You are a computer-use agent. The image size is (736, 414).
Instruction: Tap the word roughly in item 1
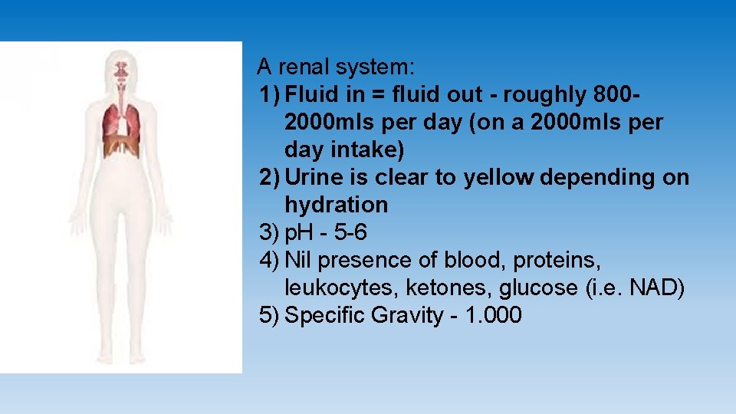pos(540,94)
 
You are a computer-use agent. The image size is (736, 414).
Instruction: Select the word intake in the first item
pos(367,149)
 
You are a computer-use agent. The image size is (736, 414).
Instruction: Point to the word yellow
pos(498,177)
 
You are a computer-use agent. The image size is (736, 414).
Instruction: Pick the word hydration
pos(336,205)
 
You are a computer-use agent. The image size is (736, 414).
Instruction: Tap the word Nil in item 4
pos(297,260)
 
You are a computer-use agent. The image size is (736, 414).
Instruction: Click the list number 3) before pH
pos(269,232)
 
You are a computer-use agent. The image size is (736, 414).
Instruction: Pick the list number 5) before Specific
pos(269,315)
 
